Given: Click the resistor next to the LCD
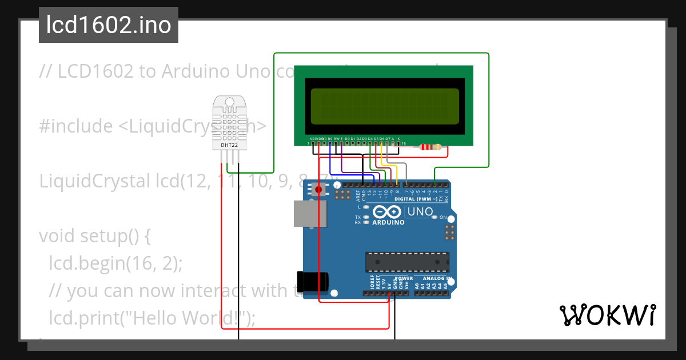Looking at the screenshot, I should click(x=430, y=147).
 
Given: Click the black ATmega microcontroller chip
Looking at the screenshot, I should click(x=407, y=262).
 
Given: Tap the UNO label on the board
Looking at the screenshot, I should click(x=420, y=212).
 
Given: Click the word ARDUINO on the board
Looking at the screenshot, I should click(x=388, y=222).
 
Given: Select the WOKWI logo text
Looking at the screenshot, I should click(x=607, y=315).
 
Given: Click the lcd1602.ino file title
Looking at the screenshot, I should click(x=108, y=25).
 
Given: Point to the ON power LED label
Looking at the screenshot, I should click(x=443, y=218).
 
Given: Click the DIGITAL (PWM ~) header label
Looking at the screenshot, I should click(x=415, y=199).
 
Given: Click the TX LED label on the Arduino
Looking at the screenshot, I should click(x=358, y=217).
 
